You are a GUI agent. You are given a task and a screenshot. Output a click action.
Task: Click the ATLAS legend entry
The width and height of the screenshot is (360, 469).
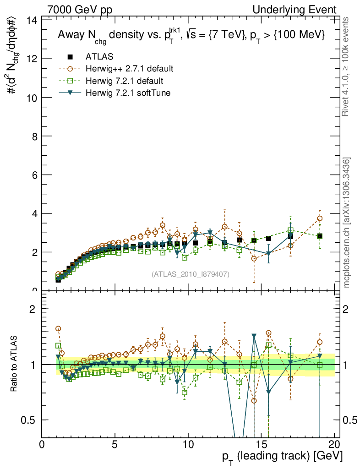(x=98, y=57)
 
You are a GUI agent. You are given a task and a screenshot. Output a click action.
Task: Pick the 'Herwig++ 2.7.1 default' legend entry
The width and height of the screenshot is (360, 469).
(x=129, y=69)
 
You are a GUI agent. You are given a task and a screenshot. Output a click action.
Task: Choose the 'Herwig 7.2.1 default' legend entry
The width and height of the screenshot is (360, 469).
(x=124, y=81)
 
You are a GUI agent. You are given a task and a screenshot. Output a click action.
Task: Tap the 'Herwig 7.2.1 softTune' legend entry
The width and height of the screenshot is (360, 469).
(x=127, y=93)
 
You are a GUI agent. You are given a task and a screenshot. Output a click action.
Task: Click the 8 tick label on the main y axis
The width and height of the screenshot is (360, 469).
(x=35, y=136)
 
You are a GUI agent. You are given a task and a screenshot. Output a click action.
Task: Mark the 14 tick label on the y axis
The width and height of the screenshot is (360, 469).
(x=32, y=20)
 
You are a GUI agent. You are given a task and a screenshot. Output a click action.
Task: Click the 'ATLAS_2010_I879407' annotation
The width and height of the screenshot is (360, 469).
(x=191, y=274)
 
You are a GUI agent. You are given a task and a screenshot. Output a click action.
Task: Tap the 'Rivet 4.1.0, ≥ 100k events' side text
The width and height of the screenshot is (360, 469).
(x=347, y=66)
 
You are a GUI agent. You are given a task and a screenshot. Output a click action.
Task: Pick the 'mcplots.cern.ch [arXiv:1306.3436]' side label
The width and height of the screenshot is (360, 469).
(x=347, y=222)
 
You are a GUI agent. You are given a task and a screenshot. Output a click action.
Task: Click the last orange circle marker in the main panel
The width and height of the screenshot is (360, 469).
(x=320, y=218)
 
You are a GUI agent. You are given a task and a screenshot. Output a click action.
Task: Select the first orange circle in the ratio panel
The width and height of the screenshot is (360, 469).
(x=58, y=329)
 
